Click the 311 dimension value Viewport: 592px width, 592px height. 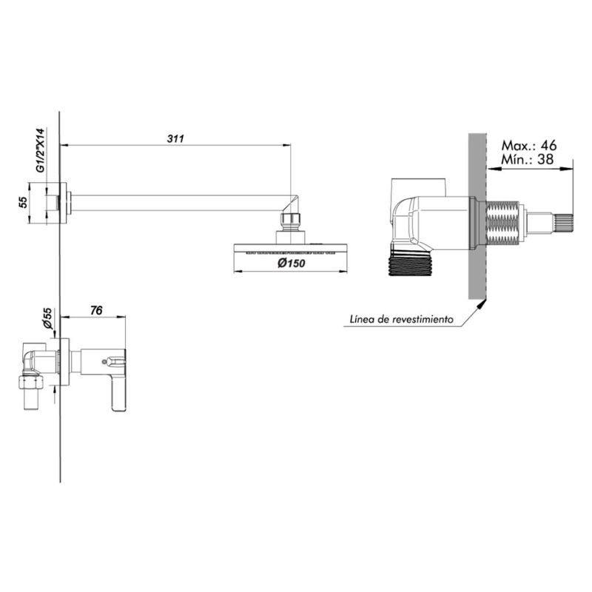[x=175, y=138]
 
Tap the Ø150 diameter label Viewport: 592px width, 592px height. [x=291, y=263]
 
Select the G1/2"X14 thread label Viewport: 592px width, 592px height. [x=41, y=151]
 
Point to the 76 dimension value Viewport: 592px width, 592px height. [x=96, y=310]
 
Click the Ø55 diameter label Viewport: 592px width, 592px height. [x=47, y=318]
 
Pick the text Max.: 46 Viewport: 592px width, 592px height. [x=529, y=145]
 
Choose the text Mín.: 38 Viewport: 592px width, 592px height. [x=527, y=159]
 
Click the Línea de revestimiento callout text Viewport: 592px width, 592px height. [x=401, y=320]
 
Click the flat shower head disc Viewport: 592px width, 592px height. [x=290, y=249]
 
